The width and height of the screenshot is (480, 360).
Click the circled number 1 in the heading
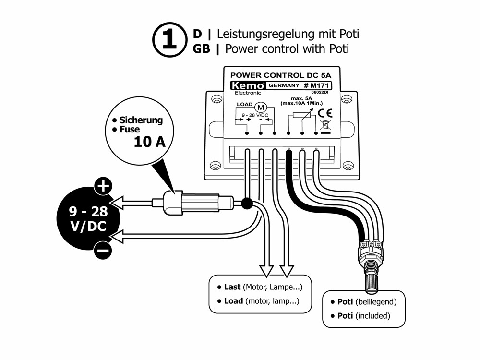click(170, 40)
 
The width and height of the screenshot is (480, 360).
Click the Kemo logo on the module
click(247, 85)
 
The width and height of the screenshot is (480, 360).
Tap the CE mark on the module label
click(325, 113)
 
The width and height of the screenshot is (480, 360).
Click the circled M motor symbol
click(261, 108)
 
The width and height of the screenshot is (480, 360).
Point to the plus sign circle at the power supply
click(103, 186)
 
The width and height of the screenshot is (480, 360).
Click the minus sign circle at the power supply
click(103, 250)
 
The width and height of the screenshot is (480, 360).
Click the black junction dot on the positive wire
click(247, 203)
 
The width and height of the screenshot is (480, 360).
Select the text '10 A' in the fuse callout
click(150, 142)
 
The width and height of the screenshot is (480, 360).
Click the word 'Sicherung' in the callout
click(141, 120)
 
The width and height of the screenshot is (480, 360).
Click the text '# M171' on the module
click(317, 85)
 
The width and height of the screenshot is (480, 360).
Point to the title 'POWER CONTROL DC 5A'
click(281, 75)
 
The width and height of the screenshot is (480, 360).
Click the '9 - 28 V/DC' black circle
click(86, 218)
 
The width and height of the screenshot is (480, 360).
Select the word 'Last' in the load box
click(232, 287)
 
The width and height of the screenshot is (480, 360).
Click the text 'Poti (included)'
click(364, 316)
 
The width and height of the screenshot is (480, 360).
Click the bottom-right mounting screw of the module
click(348, 166)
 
